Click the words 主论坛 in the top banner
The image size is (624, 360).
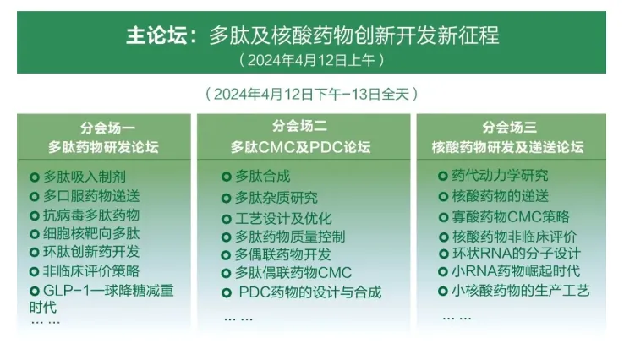pos(156,35)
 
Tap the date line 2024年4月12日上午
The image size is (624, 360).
pos(311,60)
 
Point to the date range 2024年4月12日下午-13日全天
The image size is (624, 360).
pos(311,95)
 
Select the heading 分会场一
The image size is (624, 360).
pos(107,128)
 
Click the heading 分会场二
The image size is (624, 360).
pos(299,126)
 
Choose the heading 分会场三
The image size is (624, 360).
pos(509,127)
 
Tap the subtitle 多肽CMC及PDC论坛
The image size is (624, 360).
pos(300,147)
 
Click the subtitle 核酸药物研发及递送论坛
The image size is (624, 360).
pos(507,147)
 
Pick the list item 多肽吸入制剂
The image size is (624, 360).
pos(85,177)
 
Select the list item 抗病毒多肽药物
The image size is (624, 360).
pos(91,215)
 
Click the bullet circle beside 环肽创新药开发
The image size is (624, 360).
pos(34,252)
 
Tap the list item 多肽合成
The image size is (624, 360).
pos(263,177)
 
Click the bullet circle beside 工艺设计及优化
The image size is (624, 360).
pos(226,219)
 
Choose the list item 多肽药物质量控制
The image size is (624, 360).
pos(290,237)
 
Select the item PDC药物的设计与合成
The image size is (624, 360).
pos(310,292)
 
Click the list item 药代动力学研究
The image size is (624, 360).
pos(500,176)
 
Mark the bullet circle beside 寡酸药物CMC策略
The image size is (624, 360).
pos(443,217)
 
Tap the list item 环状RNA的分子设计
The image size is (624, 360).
pos(516,254)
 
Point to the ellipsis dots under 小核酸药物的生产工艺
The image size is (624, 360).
pos(457,319)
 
